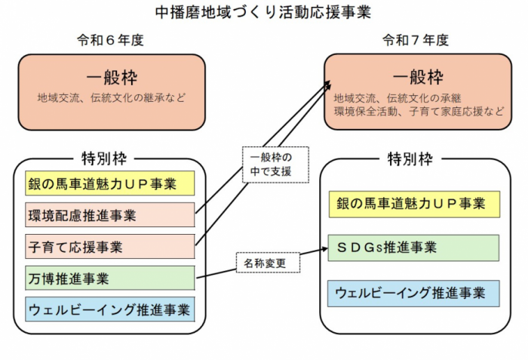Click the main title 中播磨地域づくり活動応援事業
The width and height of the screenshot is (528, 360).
click(264, 12)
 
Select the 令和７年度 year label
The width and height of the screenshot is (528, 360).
click(415, 40)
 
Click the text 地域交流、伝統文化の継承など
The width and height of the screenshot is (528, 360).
click(110, 97)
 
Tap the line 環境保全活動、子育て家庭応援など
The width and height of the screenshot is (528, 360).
click(419, 111)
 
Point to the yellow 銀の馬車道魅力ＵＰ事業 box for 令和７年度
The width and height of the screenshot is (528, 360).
click(413, 204)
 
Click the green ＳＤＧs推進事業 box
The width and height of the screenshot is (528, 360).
click(413, 248)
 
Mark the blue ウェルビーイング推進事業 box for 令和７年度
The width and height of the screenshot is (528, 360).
click(413, 292)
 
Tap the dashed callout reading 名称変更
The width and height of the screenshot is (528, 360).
click(267, 263)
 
